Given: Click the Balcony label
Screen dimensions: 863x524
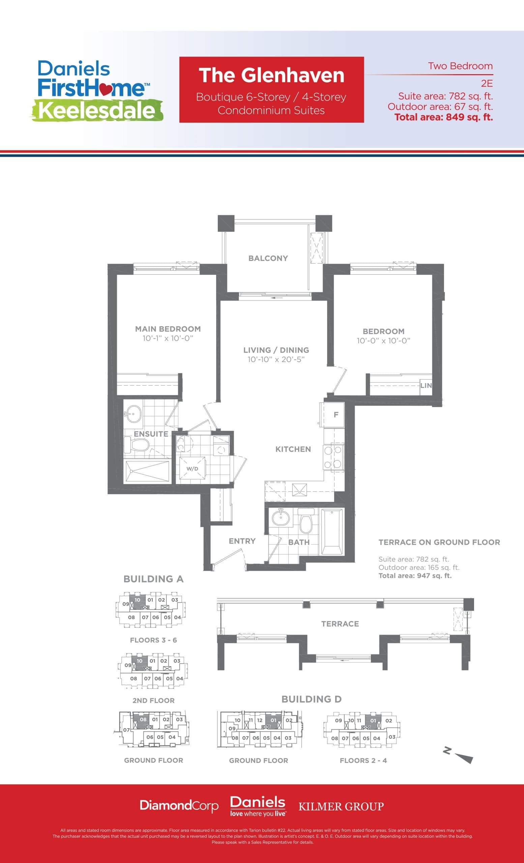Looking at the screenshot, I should click(268, 258).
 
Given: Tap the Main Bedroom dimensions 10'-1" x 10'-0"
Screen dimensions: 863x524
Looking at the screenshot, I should click(168, 338).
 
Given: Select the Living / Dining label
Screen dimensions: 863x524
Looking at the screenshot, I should click(276, 350).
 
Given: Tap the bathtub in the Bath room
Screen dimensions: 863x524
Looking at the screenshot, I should click(332, 532).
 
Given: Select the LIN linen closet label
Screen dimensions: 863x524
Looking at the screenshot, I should click(426, 386).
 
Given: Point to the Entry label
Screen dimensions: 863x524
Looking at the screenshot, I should click(242, 541).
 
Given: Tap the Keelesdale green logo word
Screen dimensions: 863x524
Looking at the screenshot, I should click(97, 111).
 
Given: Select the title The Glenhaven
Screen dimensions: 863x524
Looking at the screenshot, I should click(271, 75).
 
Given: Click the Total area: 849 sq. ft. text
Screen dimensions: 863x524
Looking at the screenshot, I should click(443, 117).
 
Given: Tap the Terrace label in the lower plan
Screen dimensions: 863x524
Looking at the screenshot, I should click(340, 624).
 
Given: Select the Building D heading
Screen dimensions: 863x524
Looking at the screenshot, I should click(311, 699).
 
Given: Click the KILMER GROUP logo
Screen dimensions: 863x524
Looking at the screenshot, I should click(341, 806).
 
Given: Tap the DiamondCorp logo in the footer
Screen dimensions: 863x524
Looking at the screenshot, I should click(179, 806).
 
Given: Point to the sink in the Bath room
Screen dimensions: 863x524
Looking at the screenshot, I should click(281, 518).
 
